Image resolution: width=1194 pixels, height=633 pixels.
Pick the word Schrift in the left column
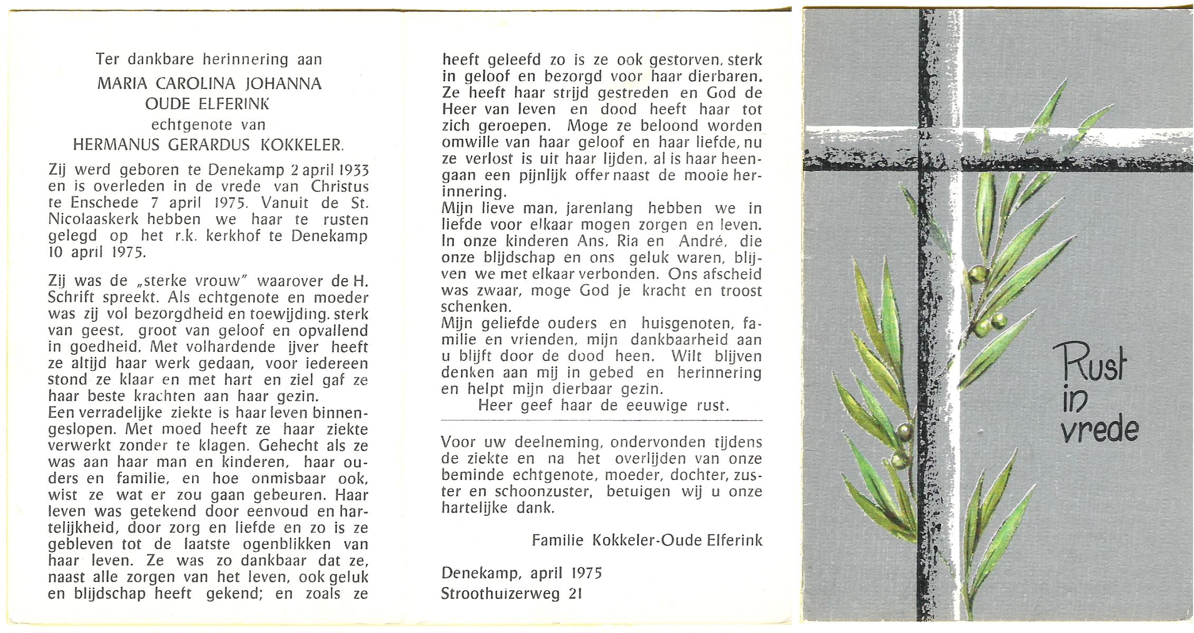tap(72, 298)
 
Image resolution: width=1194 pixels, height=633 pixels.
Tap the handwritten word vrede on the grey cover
tap(1100, 430)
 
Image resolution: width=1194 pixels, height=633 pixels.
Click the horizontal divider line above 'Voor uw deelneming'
tap(602, 420)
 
